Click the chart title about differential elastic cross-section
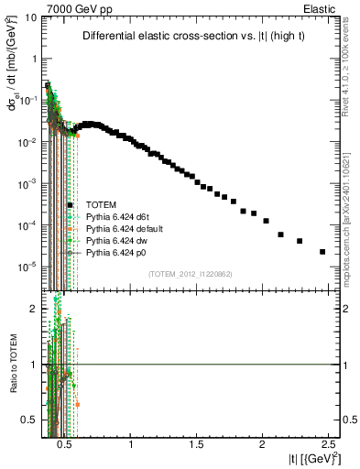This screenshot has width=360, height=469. point(191,37)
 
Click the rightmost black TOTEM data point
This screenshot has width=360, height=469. point(322,252)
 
